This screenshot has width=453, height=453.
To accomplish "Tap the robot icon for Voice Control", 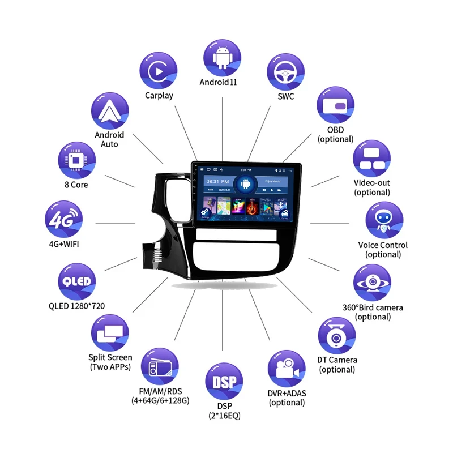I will click(384, 220).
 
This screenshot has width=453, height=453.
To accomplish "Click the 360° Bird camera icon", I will click(372, 282).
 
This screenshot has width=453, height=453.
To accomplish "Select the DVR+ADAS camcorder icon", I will click(287, 369).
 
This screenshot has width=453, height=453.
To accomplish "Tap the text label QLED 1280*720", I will click(76, 306).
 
